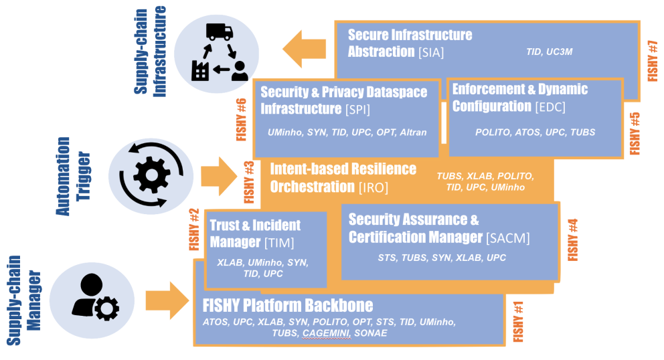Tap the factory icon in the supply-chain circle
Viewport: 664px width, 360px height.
(x=200, y=70)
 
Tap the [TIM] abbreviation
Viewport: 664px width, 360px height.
(x=279, y=242)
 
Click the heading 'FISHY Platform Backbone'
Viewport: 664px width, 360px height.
(x=288, y=306)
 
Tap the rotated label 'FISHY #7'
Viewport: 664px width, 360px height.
(x=653, y=61)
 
